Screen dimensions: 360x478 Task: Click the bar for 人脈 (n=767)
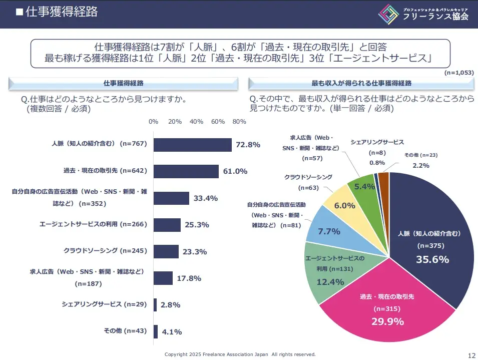pos(192,145)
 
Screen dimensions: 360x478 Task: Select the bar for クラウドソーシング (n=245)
pos(166,251)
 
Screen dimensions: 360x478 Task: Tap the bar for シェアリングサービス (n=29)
pos(155,304)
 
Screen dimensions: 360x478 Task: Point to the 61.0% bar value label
pos(235,171)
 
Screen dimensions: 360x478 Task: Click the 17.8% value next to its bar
pos(189,278)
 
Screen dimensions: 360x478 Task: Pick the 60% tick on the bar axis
pos(218,122)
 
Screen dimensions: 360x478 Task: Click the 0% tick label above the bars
pos(154,122)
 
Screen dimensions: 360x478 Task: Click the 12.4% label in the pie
pos(330,282)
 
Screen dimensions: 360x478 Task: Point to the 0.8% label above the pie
pos(377,163)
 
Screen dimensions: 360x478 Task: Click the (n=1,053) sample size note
pos(458,73)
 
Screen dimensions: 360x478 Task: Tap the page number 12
pos(471,355)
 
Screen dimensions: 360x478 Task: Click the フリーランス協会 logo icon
pos(388,14)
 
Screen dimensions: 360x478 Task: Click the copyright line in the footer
pos(240,354)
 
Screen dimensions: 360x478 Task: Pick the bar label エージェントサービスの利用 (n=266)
pos(93,224)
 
